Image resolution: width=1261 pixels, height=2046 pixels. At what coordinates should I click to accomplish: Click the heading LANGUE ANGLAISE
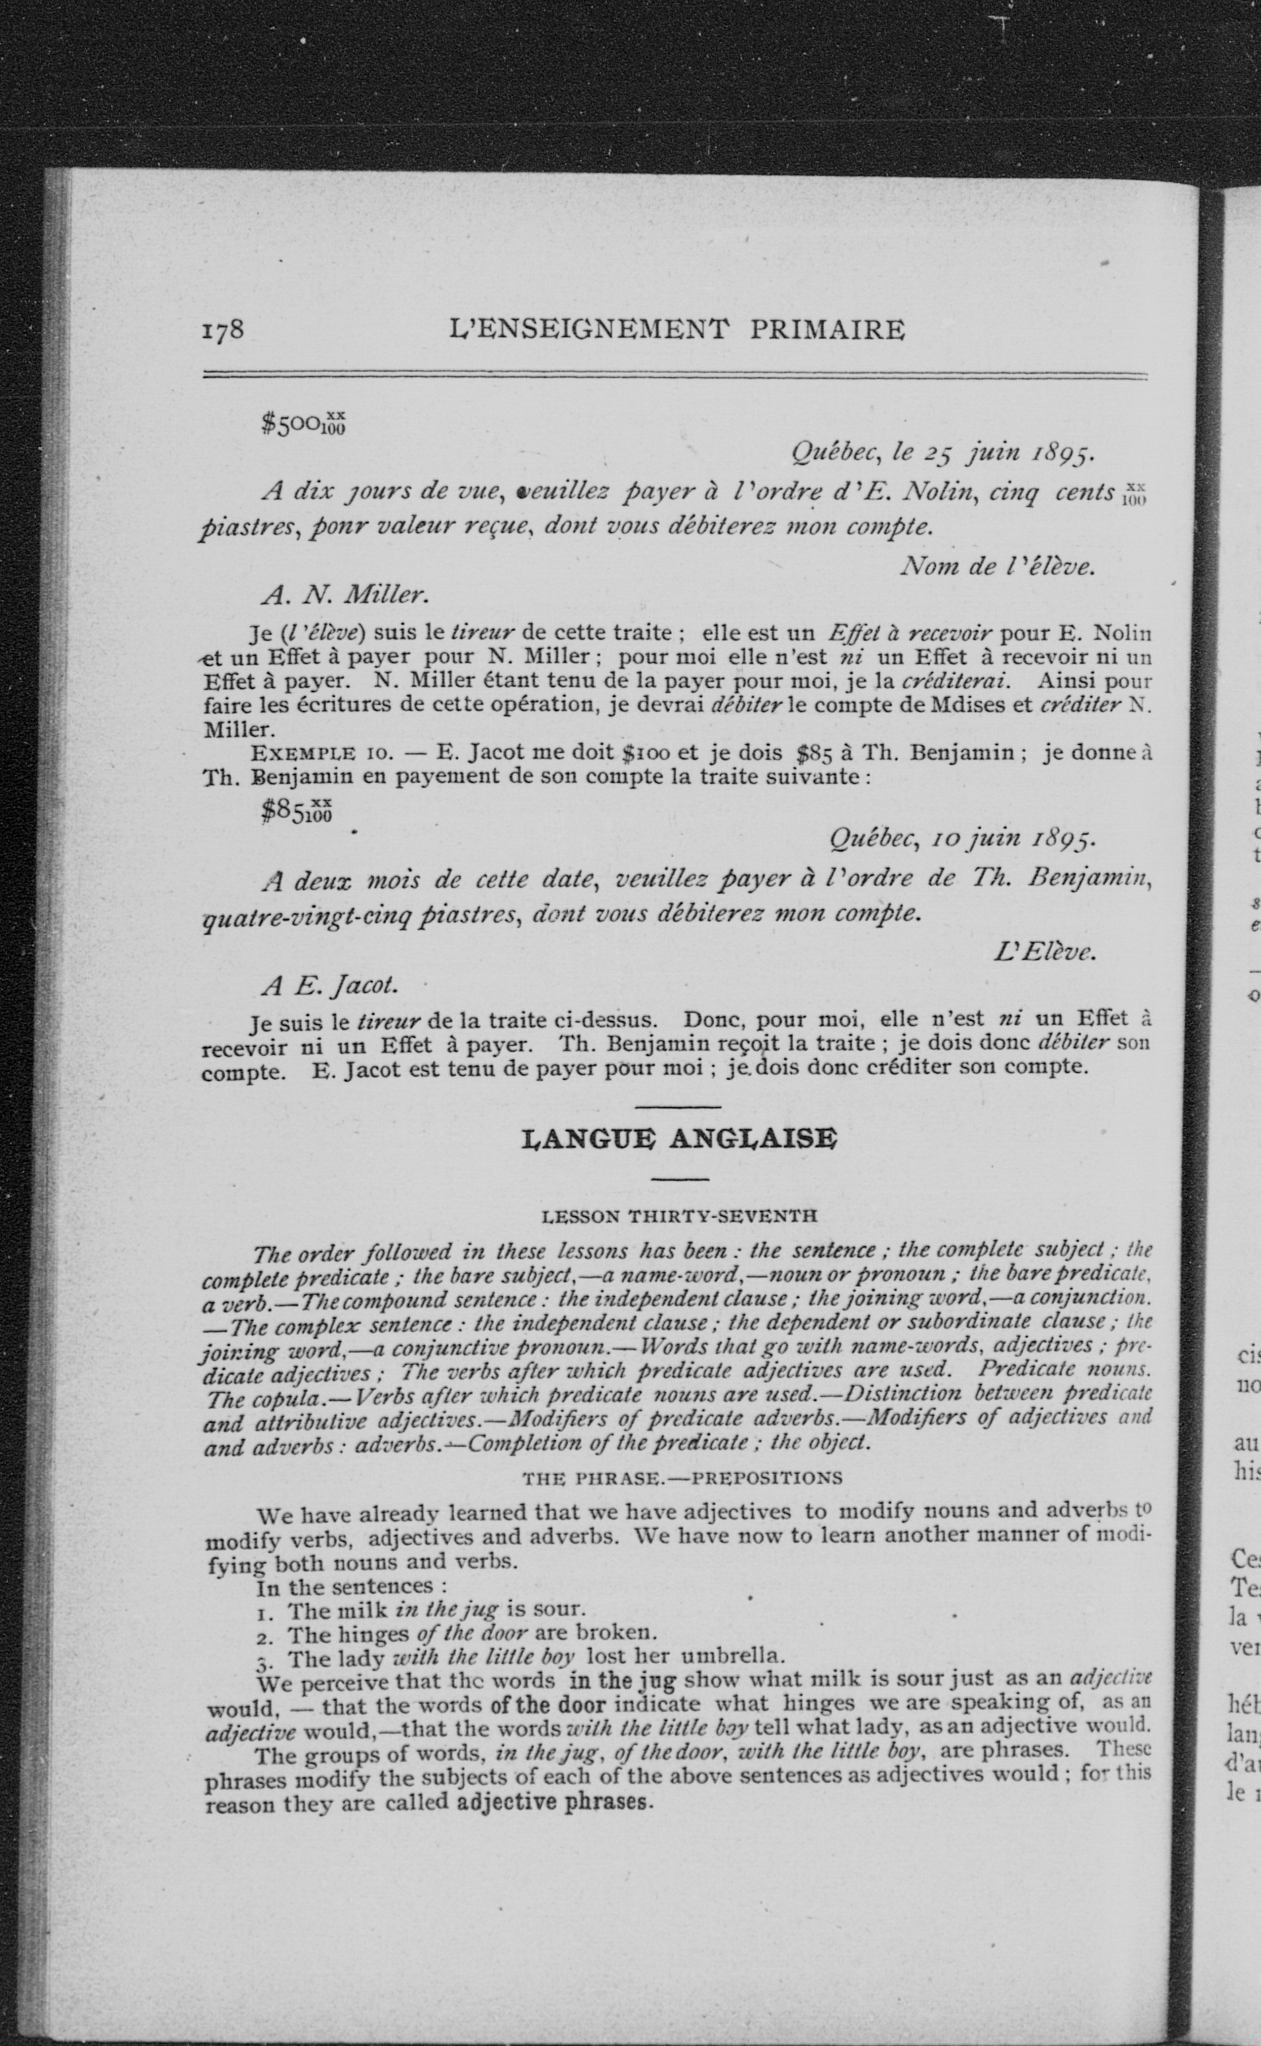(678, 1139)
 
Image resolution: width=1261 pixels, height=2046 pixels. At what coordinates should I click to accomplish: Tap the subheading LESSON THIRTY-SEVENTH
(679, 1217)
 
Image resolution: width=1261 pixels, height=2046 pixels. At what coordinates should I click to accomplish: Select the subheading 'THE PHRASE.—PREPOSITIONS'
(681, 1478)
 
